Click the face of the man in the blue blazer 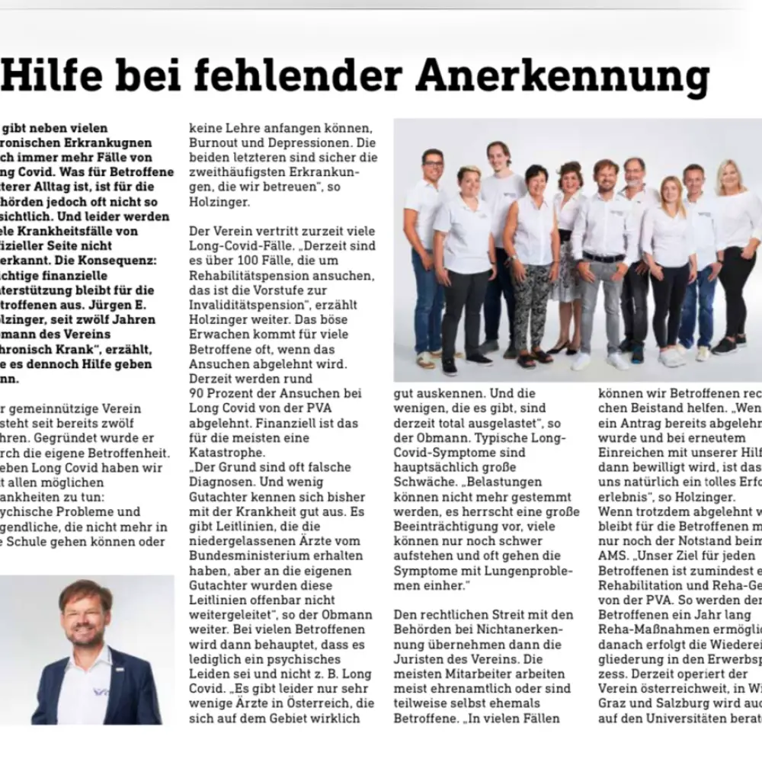[85, 613]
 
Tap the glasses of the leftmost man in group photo [434, 165]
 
